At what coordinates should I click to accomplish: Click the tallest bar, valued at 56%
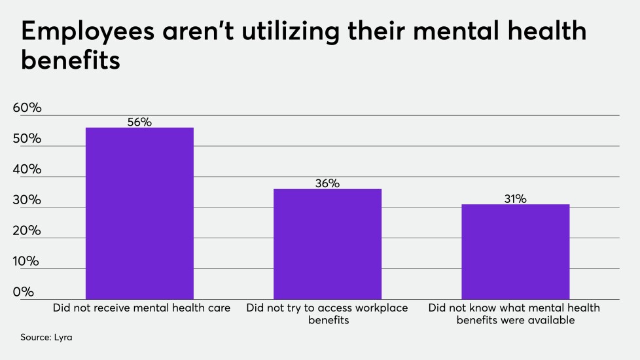[139, 213]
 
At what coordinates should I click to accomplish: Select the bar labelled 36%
[327, 243]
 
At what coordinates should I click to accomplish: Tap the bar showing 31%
[515, 251]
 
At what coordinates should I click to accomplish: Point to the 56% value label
[139, 122]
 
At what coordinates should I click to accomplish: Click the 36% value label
[327, 183]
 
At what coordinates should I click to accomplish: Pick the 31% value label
[515, 198]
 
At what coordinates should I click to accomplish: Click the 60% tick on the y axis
[27, 109]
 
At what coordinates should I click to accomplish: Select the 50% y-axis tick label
[27, 139]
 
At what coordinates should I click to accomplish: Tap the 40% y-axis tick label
[27, 170]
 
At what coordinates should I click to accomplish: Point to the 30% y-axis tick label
[27, 200]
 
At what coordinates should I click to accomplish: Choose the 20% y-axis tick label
[27, 231]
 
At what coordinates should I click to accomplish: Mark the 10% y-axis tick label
[27, 261]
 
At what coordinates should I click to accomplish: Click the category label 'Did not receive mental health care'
[141, 308]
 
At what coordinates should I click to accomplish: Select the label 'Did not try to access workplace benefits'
[327, 314]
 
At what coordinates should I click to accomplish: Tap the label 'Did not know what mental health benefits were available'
[515, 314]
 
